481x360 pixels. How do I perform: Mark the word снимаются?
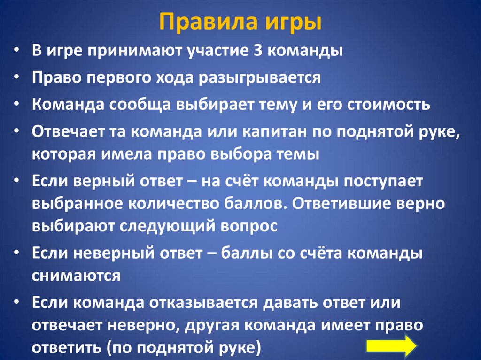pos(77,276)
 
